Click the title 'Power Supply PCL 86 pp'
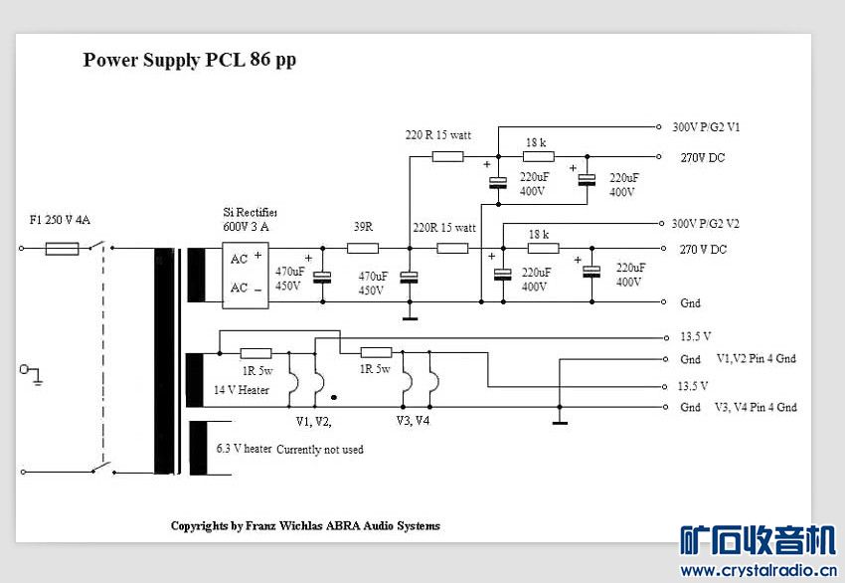coord(189,60)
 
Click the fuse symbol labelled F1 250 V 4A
coord(62,249)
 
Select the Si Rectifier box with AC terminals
coord(246,275)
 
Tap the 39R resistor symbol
coord(363,249)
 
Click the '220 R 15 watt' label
coord(438,135)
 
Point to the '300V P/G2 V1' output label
coord(706,127)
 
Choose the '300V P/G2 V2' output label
coord(706,223)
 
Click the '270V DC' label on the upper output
coord(702,157)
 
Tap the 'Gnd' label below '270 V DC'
coord(690,303)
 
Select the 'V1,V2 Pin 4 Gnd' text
coord(757,358)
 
